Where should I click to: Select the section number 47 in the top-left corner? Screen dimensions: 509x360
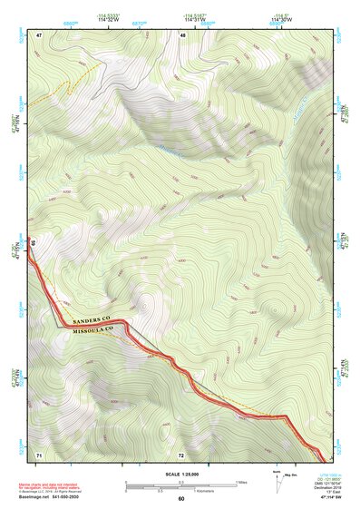click(39, 34)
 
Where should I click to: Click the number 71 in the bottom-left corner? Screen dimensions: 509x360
click(39, 453)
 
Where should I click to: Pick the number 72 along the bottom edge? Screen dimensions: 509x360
click(181, 453)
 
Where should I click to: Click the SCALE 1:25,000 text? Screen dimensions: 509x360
click(180, 474)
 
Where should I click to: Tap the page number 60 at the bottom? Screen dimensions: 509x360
click(180, 498)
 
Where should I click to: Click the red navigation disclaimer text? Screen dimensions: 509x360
click(52, 485)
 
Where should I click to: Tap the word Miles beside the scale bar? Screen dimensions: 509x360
click(242, 482)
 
